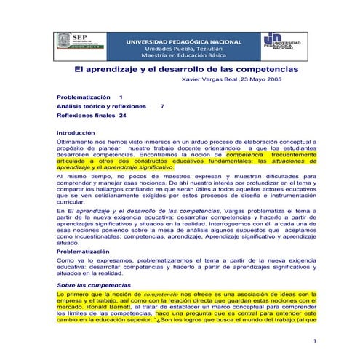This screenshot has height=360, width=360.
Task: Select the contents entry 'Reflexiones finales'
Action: click(x=86, y=115)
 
